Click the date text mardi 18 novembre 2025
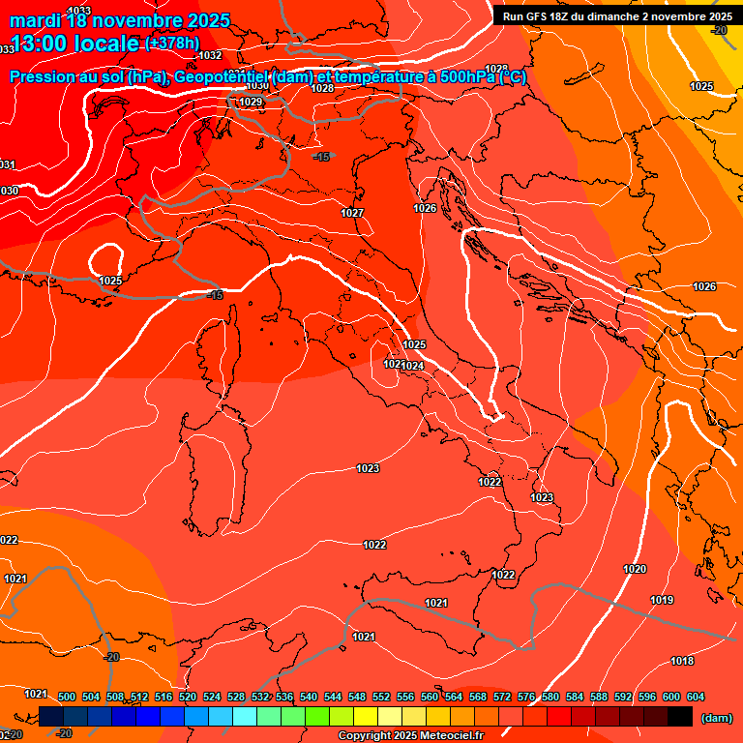coord(120,19)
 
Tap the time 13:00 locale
coord(74,44)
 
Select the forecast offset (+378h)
coord(172,44)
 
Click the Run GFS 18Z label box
coord(616,16)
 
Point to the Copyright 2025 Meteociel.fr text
coord(410,736)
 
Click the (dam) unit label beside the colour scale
coord(716,717)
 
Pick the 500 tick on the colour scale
coord(67,697)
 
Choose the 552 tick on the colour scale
coord(381,697)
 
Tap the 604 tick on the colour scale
coord(695,697)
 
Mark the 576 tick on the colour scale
coord(526,697)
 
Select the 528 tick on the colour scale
coord(236,697)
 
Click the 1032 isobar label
coord(210,55)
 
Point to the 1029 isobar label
coord(251,102)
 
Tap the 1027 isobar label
coord(352,213)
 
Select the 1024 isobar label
coord(412,366)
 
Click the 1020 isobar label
coord(635,569)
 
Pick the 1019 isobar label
coord(662,601)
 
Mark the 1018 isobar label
coord(682,661)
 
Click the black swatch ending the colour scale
coord(680,717)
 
